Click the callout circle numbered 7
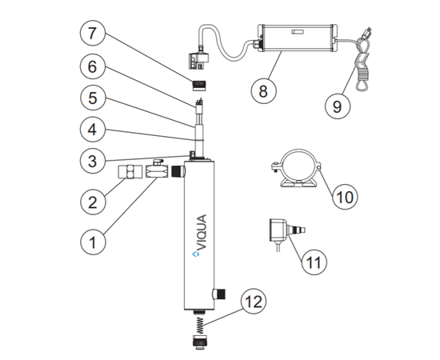tap(93, 33)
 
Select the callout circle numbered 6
tap(93, 66)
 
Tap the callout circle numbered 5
tap(93, 98)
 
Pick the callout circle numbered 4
tap(93, 130)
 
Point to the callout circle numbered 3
tap(93, 161)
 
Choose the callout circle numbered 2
tap(93, 202)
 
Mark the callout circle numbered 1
tap(93, 242)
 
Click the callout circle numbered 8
tap(263, 91)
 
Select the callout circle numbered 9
tap(338, 106)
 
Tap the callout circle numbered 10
tap(345, 197)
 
